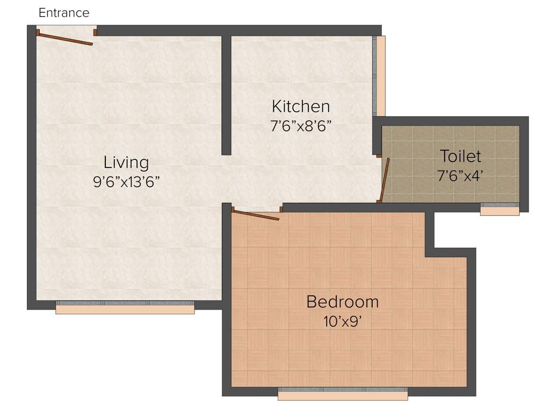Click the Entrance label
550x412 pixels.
point(64,13)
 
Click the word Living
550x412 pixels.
point(126,162)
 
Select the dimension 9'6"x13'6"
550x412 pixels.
point(126,182)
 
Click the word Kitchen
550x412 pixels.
point(300,106)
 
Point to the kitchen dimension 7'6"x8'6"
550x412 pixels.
point(300,126)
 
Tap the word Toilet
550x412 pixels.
point(460,156)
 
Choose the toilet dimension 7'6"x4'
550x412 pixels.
point(460,175)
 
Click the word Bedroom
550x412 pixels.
point(342,301)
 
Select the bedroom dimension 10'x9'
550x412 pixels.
point(342,321)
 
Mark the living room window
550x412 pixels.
point(125,306)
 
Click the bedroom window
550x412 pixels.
point(343,393)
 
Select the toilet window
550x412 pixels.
point(500,208)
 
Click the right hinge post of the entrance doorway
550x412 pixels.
point(95,32)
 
